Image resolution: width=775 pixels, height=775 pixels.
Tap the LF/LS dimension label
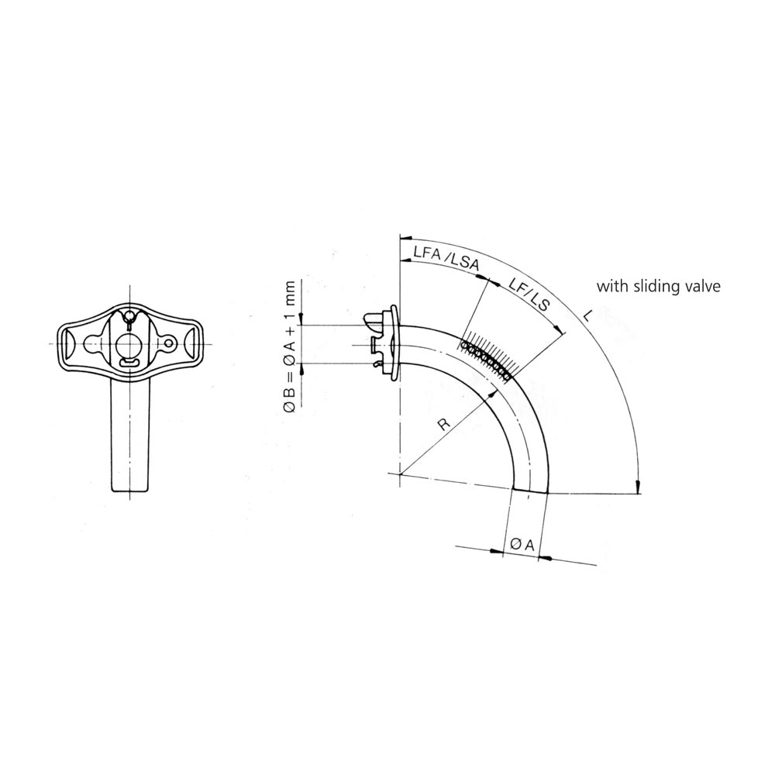(529, 295)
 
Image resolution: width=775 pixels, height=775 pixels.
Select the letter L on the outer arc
(587, 316)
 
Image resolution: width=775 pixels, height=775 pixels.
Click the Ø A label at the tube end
(522, 545)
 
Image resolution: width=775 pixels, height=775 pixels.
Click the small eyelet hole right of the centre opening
(170, 342)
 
